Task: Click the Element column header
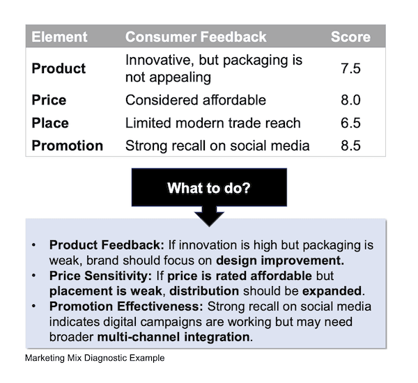coord(59,37)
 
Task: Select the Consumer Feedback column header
coord(196,37)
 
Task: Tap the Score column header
coord(350,37)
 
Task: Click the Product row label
coord(59,68)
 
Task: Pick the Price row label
coord(49,100)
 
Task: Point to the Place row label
coord(50,123)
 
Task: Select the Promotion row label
coord(67,146)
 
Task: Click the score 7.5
coord(350,68)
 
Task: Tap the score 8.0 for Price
coord(350,100)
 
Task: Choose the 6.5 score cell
coord(350,123)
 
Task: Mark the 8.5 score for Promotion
coord(350,146)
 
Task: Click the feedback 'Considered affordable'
coord(196,100)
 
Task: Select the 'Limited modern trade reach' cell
coord(212,123)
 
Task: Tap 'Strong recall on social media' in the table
coord(217,146)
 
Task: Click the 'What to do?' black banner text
coord(209,188)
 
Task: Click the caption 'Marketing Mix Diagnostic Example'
coord(95,359)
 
